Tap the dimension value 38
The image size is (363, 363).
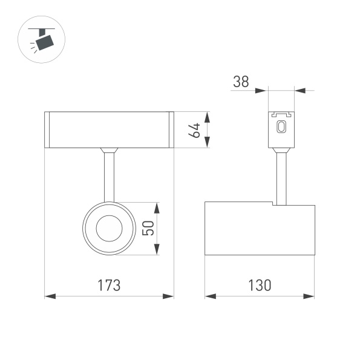point(241,82)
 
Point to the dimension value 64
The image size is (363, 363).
point(195,129)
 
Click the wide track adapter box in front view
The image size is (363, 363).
point(110,129)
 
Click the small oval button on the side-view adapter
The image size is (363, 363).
point(281,127)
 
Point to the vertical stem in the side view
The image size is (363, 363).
point(281,178)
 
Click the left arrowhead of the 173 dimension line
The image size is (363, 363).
point(50,296)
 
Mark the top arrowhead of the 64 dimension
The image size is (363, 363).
point(208,116)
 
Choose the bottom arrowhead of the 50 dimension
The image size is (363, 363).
point(157,250)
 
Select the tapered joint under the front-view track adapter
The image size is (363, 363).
point(109,150)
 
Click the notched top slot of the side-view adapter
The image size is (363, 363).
point(281,114)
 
